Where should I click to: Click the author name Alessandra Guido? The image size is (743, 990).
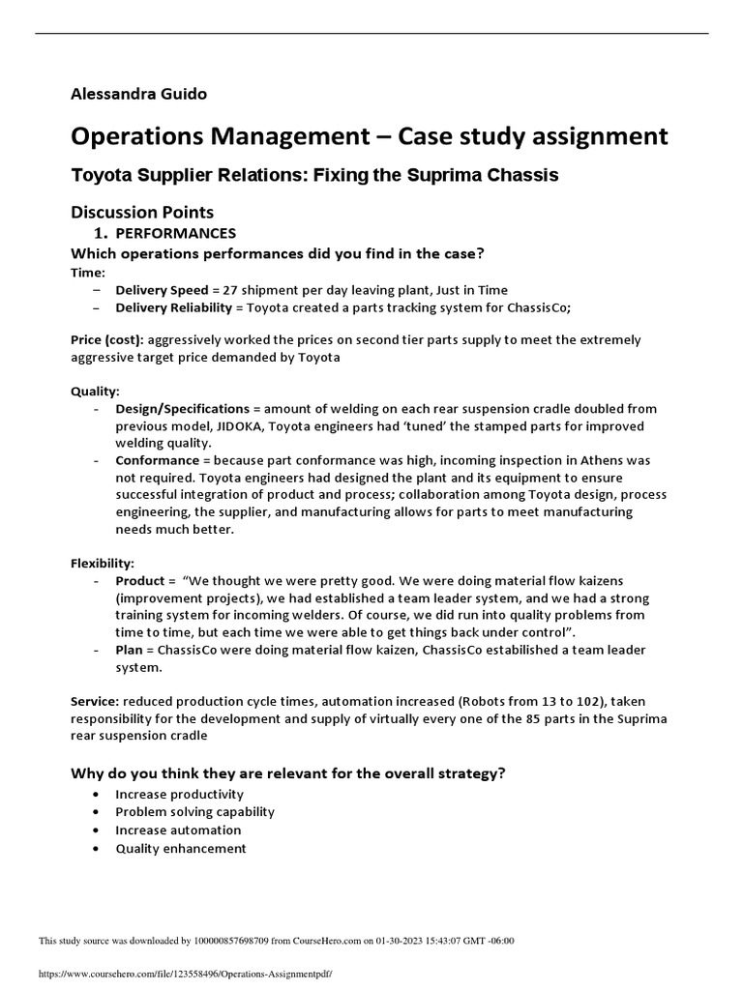click(x=138, y=94)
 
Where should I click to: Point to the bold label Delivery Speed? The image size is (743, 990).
click(x=162, y=290)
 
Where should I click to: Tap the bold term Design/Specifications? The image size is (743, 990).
click(x=183, y=410)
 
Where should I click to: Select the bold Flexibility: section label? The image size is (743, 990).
click(x=103, y=563)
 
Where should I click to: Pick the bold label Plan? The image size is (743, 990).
click(x=131, y=650)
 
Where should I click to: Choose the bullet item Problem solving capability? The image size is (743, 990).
click(x=194, y=812)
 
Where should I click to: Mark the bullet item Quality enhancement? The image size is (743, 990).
click(x=181, y=849)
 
